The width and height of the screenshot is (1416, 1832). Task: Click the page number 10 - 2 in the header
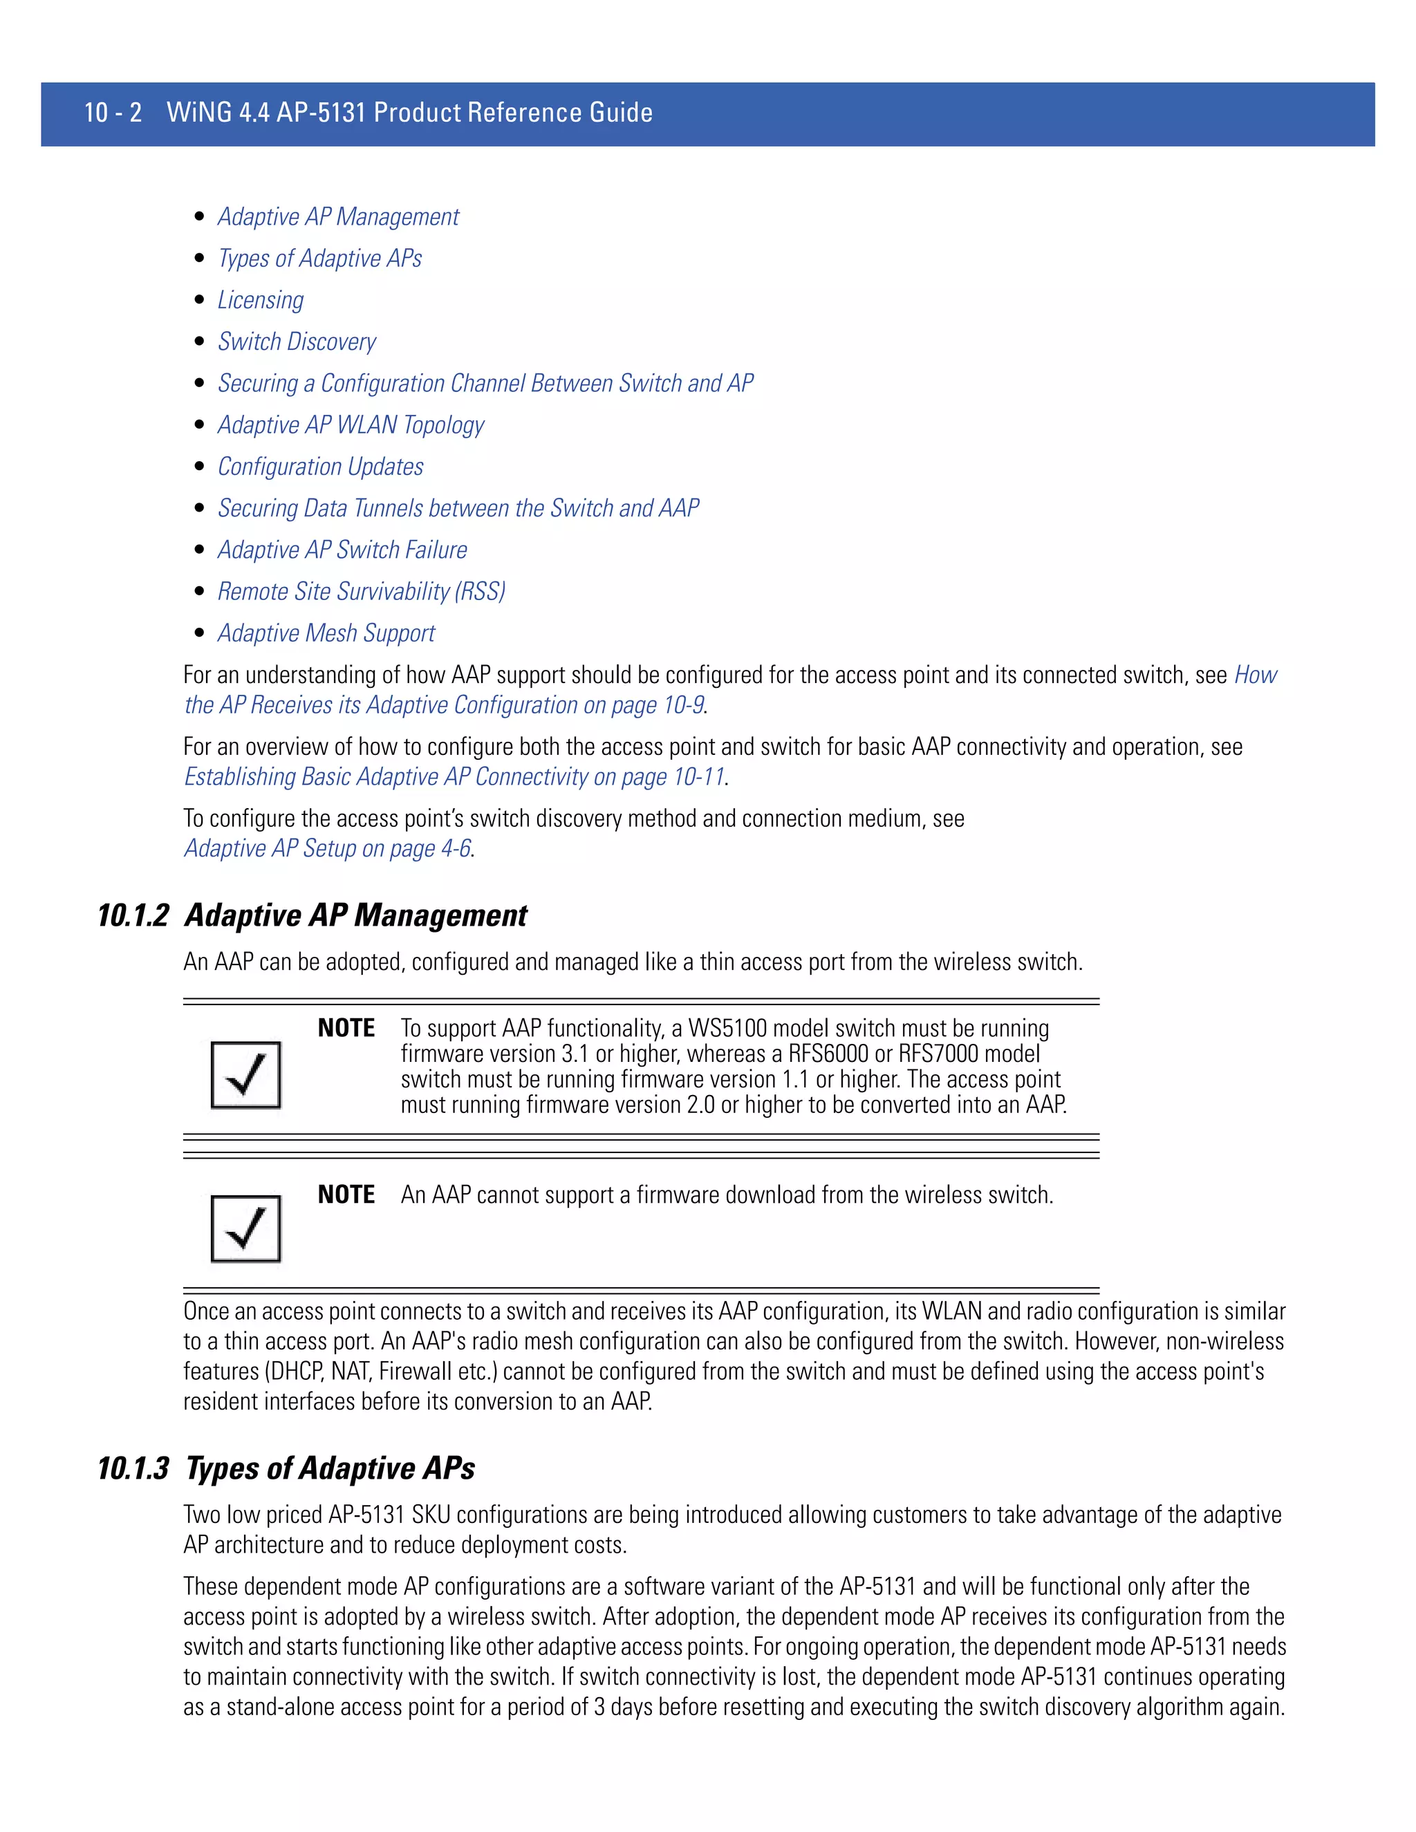coord(113,113)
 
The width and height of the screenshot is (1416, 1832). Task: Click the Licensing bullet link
coord(260,300)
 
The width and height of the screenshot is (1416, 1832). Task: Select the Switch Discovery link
coord(296,342)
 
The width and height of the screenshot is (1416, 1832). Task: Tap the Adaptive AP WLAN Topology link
coord(351,425)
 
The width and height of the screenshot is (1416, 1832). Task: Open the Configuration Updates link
coord(320,467)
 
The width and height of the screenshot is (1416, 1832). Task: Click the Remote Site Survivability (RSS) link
coord(361,591)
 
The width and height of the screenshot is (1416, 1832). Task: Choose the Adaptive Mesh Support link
coord(326,633)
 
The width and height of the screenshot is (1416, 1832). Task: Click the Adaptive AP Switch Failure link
coord(342,550)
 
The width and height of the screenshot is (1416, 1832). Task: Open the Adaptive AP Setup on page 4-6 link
coord(327,848)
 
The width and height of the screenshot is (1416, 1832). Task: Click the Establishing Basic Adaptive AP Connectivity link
coord(454,777)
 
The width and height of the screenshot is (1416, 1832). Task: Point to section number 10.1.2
coord(133,915)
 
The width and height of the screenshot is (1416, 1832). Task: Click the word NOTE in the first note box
coord(346,1029)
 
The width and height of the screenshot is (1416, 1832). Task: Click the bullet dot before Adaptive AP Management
coord(199,216)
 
